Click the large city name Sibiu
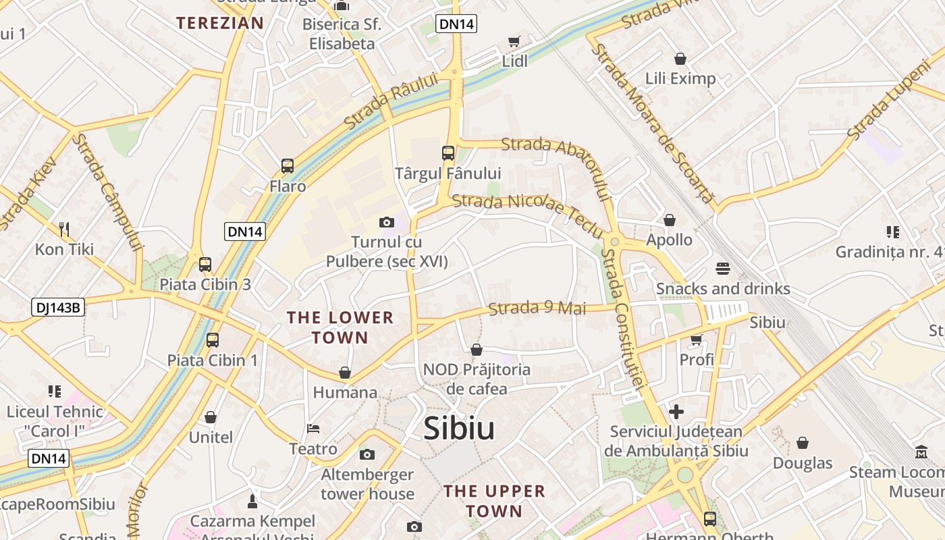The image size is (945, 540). (459, 429)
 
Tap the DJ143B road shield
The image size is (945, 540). (57, 308)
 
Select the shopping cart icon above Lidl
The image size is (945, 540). (514, 42)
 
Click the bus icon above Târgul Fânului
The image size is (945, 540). (448, 153)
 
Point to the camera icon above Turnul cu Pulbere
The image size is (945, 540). (387, 222)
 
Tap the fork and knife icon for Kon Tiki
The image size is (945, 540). (64, 230)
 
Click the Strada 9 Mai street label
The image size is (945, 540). (537, 308)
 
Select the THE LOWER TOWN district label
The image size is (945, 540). (340, 327)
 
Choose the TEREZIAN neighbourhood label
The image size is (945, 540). (220, 23)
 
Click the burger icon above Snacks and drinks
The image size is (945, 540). (723, 269)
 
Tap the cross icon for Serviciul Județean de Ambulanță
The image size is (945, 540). (676, 411)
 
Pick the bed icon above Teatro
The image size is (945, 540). (313, 429)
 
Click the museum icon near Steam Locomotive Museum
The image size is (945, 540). (921, 452)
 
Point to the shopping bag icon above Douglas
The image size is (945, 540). (803, 443)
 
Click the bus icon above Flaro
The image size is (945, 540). (288, 166)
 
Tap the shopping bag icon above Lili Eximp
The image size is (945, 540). (680, 59)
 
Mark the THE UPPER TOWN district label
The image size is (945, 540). (494, 501)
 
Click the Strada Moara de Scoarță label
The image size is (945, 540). (651, 122)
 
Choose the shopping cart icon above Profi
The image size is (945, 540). (697, 340)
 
